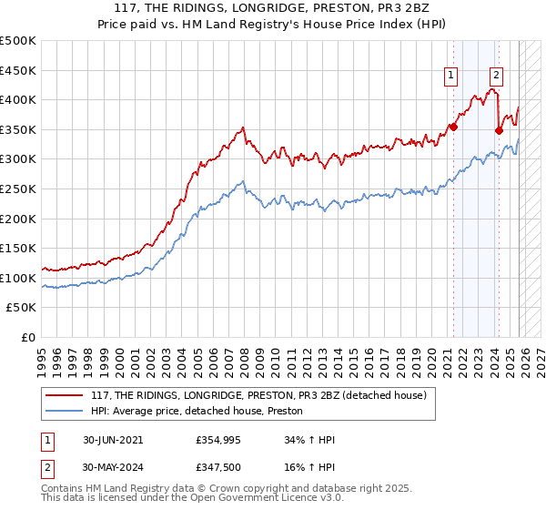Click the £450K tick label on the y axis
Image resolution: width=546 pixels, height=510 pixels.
(x=18, y=70)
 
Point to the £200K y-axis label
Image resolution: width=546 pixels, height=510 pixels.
(x=18, y=219)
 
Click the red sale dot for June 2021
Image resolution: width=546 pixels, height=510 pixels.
(x=453, y=127)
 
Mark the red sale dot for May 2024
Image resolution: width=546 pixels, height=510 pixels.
(x=499, y=131)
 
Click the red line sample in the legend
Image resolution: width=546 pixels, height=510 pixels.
(x=66, y=395)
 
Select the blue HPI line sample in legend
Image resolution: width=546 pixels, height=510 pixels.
(x=66, y=412)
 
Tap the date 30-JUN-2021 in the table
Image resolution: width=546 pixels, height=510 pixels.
(x=112, y=440)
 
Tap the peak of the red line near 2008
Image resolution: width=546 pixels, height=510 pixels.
(x=242, y=127)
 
